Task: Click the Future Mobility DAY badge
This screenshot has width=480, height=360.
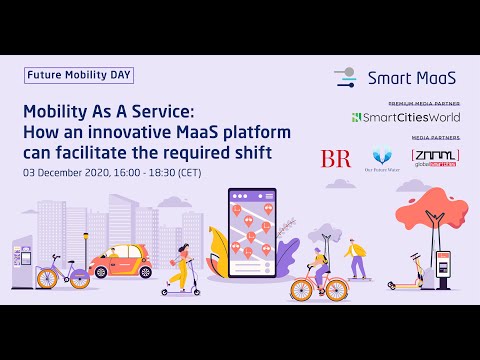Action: tap(79, 75)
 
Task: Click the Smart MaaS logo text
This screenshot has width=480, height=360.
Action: tap(410, 76)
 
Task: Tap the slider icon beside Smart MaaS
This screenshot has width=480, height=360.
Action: tap(345, 76)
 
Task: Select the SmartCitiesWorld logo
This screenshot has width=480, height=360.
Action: tap(405, 117)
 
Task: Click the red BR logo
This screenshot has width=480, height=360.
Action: tap(335, 158)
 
